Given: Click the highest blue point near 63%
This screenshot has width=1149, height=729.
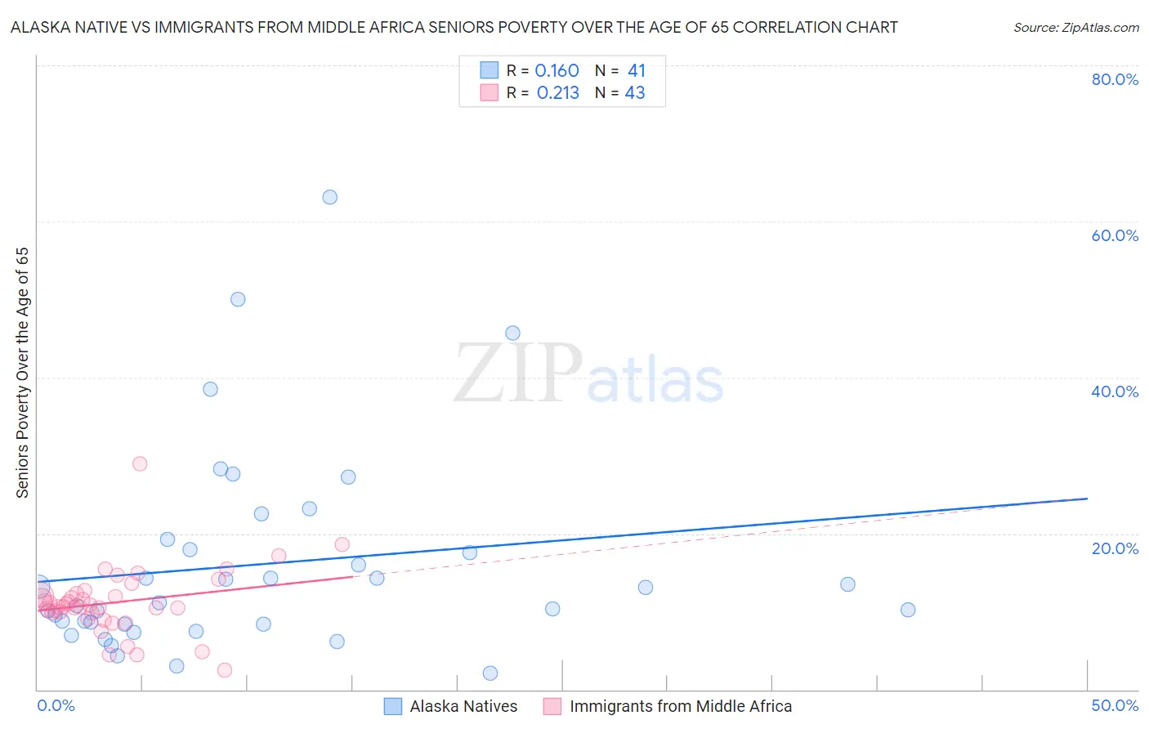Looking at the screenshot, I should tap(329, 197).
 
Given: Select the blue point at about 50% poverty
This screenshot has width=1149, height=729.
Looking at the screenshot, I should tap(238, 299).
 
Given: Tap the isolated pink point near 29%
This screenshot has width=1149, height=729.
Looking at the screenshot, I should tap(140, 463).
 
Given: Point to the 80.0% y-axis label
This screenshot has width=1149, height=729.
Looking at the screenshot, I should tap(1115, 79).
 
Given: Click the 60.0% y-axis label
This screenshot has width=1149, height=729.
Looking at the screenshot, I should tap(1115, 235).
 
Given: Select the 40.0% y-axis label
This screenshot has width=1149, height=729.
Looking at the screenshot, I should tap(1115, 391).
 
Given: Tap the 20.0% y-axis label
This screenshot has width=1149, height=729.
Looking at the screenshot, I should tap(1115, 548).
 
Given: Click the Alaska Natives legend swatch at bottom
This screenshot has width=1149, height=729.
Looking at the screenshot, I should tap(393, 707).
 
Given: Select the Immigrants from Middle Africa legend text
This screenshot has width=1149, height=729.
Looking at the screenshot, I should tap(681, 707).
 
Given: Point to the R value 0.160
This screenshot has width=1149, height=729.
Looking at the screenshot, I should tap(557, 71).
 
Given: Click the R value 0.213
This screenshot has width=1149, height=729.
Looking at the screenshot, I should tap(557, 93).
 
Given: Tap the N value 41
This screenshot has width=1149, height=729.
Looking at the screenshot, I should tap(636, 71).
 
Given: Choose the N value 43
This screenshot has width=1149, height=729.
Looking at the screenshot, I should tap(635, 93).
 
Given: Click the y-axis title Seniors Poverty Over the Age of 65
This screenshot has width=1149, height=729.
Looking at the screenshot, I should tap(23, 373).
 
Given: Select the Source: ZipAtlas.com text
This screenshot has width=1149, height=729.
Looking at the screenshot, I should tap(1075, 28).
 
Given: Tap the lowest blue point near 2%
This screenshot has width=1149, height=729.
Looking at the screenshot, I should tap(490, 673).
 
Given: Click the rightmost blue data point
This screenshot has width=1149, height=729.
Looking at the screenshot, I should tap(907, 610).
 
